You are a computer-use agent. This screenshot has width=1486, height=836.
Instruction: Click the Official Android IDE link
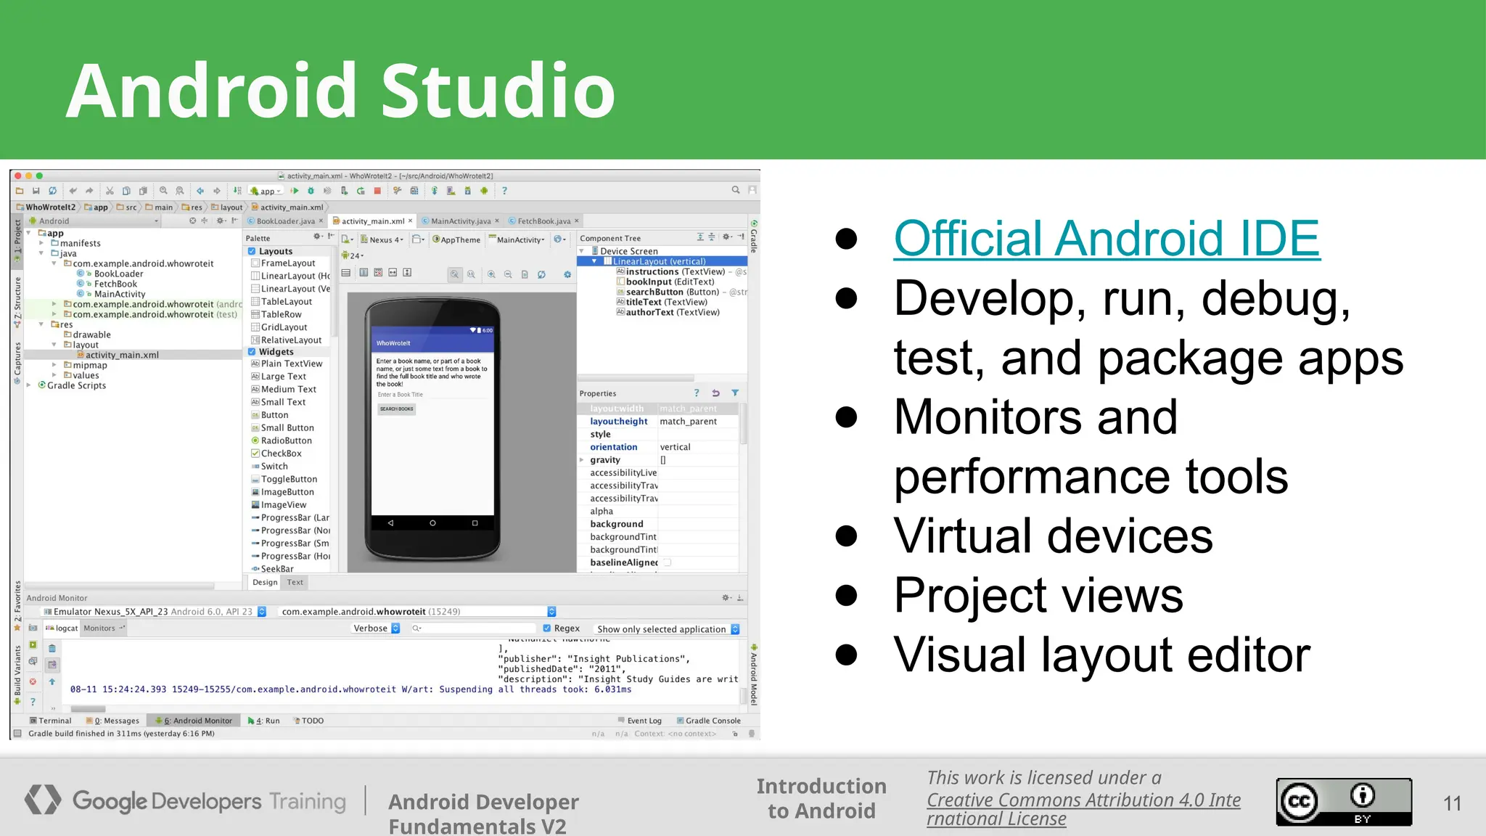(1107, 239)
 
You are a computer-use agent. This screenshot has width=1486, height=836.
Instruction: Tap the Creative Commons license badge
(1344, 801)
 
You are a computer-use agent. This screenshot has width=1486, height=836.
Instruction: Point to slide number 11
(1452, 803)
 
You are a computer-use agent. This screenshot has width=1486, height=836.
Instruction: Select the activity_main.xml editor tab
(372, 221)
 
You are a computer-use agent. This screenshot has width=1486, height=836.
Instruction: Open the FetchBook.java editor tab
(543, 221)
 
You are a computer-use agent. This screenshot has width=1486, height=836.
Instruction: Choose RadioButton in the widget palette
(286, 440)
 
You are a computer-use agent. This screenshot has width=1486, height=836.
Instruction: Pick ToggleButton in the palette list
(289, 479)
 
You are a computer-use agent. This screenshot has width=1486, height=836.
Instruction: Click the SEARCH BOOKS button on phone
(396, 409)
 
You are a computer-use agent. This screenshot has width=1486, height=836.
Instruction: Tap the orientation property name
(613, 447)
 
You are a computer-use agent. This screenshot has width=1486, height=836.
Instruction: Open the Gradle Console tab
(713, 721)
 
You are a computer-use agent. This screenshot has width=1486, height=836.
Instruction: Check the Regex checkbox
(547, 628)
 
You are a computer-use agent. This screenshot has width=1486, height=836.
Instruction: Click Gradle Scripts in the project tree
(76, 385)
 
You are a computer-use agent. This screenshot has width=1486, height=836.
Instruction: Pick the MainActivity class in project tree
(120, 294)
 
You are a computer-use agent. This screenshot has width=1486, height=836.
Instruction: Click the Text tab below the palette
(295, 582)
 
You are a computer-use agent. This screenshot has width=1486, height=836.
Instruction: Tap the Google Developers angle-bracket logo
(43, 800)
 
